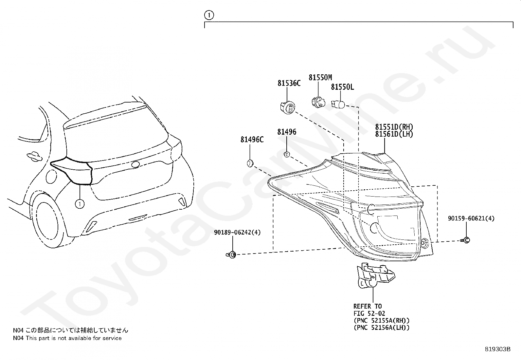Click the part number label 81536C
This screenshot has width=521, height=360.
pyautogui.click(x=289, y=84)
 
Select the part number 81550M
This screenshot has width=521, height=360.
pyautogui.click(x=320, y=78)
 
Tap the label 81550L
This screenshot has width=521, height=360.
pyautogui.click(x=342, y=87)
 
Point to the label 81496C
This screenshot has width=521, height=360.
pyautogui.click(x=252, y=140)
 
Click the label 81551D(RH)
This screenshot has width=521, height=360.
pyautogui.click(x=394, y=127)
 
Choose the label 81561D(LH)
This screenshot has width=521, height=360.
pyautogui.click(x=394, y=134)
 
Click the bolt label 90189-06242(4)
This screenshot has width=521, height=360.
pyautogui.click(x=237, y=233)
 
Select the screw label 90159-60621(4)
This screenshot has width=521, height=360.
pyautogui.click(x=471, y=218)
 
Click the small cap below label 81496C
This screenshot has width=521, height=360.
pyautogui.click(x=250, y=162)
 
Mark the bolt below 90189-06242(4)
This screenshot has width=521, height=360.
pyautogui.click(x=231, y=255)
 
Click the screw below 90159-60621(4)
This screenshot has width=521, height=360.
pyautogui.click(x=466, y=240)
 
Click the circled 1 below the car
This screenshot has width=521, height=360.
pyautogui.click(x=80, y=204)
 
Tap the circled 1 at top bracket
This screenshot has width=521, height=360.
pyautogui.click(x=208, y=15)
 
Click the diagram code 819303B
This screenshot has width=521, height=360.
pyautogui.click(x=497, y=349)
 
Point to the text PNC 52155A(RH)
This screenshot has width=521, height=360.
pyautogui.click(x=382, y=320)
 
